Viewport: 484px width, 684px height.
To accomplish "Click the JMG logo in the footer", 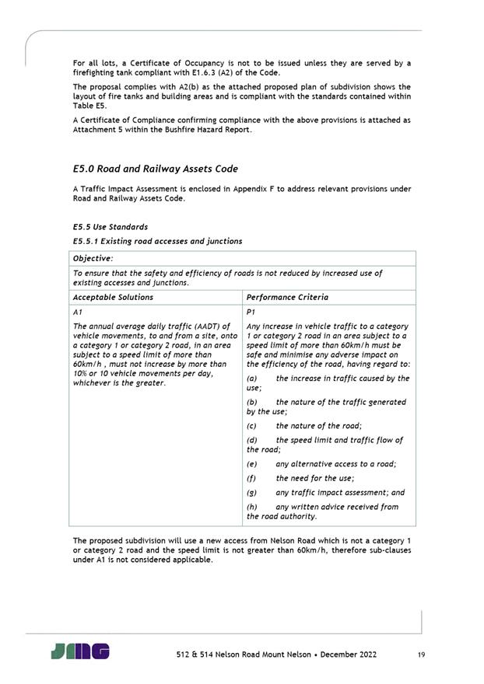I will (80, 651).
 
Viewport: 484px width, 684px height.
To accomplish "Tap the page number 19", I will (421, 655).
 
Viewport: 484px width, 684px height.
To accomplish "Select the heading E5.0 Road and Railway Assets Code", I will (155, 169).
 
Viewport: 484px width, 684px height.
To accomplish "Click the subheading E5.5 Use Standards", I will (110, 227).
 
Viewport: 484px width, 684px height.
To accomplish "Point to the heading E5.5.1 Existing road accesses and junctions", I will (157, 241).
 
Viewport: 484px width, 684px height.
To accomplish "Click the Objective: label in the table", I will (93, 257).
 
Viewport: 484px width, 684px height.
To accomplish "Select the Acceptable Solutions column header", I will (113, 297).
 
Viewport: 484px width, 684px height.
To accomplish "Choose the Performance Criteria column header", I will (287, 297).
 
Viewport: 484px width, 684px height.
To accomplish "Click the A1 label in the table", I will (77, 311).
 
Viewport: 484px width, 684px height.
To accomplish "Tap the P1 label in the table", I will (251, 311).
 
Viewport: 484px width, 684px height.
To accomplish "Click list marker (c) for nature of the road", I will (251, 426).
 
